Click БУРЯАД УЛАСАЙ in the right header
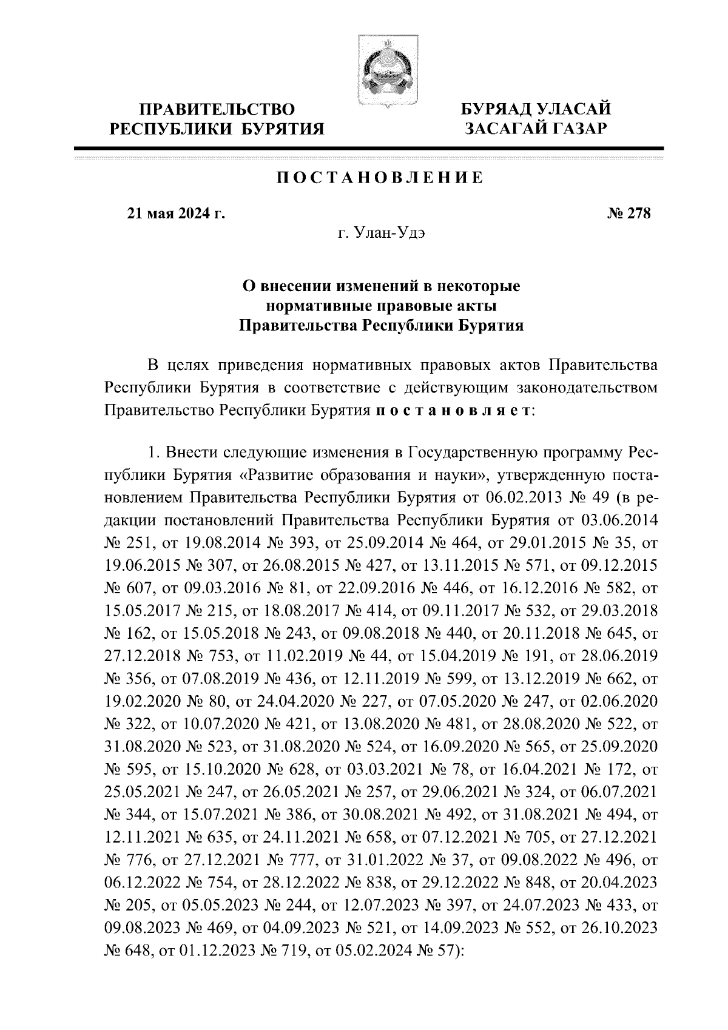tap(535, 110)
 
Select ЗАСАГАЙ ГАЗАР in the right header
tap(535, 128)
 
